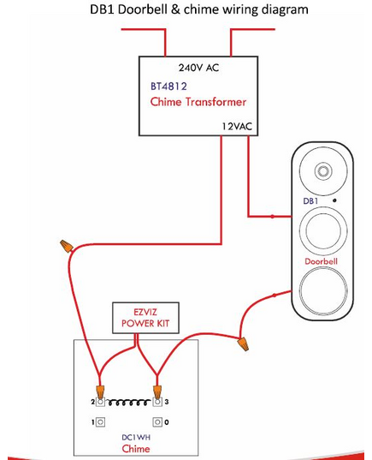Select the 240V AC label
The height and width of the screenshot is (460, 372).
tap(198, 68)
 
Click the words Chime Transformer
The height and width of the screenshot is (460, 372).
tap(198, 103)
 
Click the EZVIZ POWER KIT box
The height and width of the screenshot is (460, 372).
tap(135, 317)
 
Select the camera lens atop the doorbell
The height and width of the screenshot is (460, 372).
tap(324, 170)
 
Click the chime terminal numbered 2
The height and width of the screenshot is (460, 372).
tap(100, 401)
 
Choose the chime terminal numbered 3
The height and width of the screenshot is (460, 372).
tap(157, 401)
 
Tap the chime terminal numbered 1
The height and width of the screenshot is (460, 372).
tap(100, 422)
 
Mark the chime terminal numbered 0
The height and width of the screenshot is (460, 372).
tap(157, 422)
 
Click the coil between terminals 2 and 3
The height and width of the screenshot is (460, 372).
tap(128, 400)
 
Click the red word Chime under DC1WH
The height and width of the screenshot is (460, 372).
tap(136, 448)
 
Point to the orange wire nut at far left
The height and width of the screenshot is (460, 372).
tap(65, 246)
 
